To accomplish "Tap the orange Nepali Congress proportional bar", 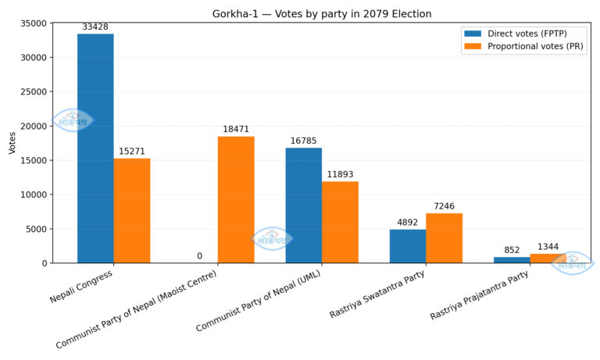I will coord(132,211).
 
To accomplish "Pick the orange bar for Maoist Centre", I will coord(236,200).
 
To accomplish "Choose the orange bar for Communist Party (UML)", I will coord(340,223).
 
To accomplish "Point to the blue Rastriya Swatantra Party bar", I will coord(408,246).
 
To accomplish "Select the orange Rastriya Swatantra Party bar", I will coord(444,238).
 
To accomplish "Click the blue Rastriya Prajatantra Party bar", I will coord(512,260).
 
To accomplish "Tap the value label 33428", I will coord(95,27).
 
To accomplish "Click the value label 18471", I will coord(236,129).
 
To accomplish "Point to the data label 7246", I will coord(444,206).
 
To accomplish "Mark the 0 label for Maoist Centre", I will coord(199,256).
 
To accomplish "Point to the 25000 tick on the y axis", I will coord(36,91).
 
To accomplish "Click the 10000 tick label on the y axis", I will coord(36,194).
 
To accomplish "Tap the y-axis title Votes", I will coord(12,142).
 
